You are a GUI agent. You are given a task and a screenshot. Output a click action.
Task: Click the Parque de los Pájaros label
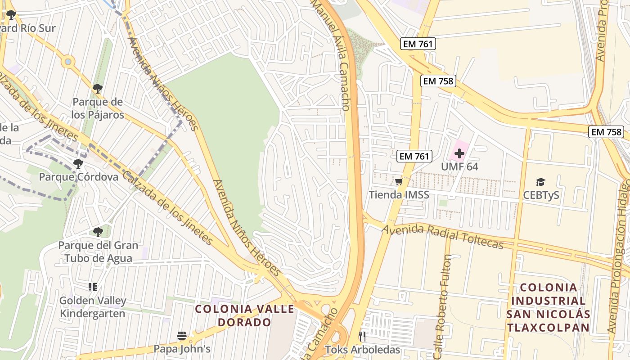(x=98, y=108)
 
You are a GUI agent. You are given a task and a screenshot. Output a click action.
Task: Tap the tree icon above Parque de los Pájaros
(x=98, y=88)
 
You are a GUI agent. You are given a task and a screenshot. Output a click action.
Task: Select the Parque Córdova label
(x=79, y=177)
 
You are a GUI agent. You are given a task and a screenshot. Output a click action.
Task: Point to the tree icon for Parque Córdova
(x=78, y=163)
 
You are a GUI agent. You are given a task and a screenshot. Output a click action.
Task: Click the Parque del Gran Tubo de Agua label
(x=98, y=252)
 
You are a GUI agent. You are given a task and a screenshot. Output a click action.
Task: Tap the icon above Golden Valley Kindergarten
(x=93, y=287)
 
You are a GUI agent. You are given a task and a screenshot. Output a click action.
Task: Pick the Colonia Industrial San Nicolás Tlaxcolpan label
(x=548, y=307)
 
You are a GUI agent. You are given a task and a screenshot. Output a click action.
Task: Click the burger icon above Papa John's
(x=182, y=336)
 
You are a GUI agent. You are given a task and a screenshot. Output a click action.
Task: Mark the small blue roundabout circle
(x=68, y=61)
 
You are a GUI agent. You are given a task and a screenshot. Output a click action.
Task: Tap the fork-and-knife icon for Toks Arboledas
(x=362, y=336)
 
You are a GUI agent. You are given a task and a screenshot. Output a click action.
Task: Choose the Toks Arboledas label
(x=362, y=350)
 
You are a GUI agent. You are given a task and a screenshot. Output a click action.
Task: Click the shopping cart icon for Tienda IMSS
(x=399, y=182)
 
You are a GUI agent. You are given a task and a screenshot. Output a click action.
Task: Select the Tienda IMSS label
(x=399, y=195)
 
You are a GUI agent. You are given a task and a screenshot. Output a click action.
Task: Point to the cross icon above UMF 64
(x=459, y=153)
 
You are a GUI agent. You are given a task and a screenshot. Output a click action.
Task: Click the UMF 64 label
(x=459, y=166)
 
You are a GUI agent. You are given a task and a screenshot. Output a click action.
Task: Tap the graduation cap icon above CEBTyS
(x=540, y=182)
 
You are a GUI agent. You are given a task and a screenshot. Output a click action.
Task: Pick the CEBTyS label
(x=540, y=195)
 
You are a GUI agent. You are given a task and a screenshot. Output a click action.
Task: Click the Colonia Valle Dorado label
(x=245, y=315)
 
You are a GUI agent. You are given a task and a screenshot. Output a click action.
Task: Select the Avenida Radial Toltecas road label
(x=442, y=237)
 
